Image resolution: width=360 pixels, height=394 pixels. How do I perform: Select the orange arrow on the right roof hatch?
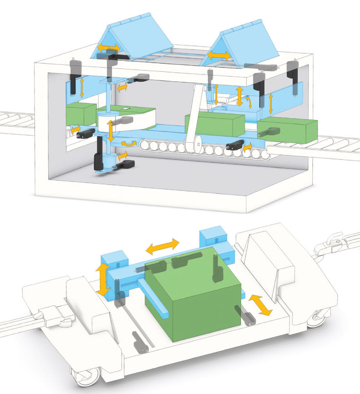click(x=219, y=55)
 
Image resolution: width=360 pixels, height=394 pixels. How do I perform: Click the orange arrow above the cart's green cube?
click(x=162, y=246)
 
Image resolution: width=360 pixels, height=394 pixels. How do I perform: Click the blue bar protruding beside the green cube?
click(x=155, y=297)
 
